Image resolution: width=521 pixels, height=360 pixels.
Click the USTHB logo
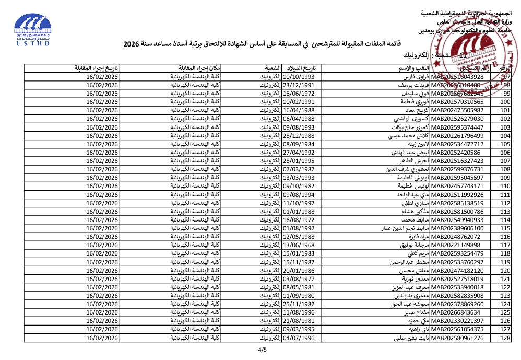tap(32, 30)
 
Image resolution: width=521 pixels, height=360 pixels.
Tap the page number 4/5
tap(262, 350)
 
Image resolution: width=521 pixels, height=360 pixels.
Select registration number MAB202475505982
tap(457, 110)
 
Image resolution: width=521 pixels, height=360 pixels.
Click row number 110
tap(505, 187)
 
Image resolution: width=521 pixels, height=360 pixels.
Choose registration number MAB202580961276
tap(457, 339)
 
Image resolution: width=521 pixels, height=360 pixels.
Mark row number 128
tap(505, 339)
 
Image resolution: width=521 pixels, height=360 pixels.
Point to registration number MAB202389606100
tap(457, 229)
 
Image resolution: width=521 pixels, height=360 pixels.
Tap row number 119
tap(505, 262)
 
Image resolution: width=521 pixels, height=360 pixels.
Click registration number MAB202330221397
tap(457, 321)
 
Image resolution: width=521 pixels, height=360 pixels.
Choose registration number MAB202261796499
tap(457, 136)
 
